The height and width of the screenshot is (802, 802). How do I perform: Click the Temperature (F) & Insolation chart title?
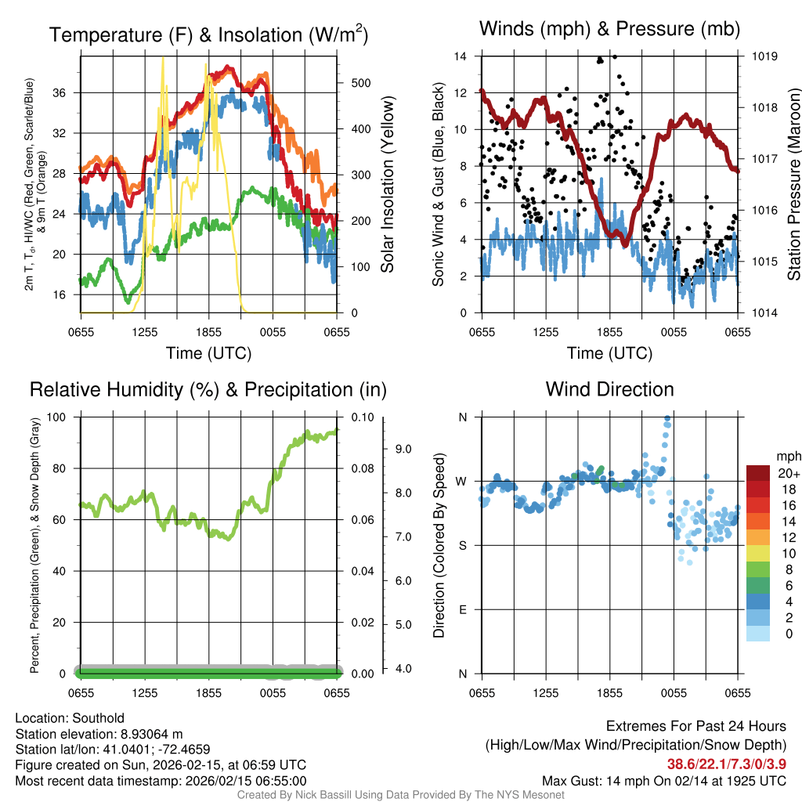(x=208, y=35)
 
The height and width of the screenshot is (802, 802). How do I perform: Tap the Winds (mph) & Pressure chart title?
(x=609, y=29)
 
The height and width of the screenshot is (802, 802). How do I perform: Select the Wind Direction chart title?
(x=609, y=389)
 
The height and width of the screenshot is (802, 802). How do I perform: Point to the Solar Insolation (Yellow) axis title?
(x=388, y=185)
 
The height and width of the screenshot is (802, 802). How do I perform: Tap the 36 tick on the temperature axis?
(x=66, y=92)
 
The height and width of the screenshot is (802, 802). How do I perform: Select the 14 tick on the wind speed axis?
(x=461, y=56)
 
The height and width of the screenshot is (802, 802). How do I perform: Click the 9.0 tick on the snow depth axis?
(x=403, y=450)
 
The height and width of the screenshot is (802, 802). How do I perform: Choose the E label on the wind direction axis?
(x=462, y=609)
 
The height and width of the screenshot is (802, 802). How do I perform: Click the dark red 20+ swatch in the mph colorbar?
(x=759, y=474)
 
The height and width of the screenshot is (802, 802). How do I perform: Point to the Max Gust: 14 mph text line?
(x=664, y=781)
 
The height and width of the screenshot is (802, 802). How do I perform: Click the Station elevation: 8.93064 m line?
(x=99, y=734)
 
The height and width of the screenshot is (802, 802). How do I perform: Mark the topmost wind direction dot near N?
(x=667, y=418)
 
